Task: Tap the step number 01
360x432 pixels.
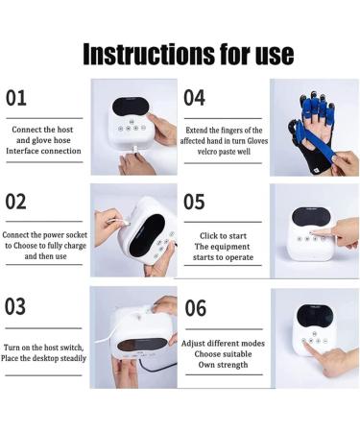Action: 16,98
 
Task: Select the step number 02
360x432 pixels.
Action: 15,202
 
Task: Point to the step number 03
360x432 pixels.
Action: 15,306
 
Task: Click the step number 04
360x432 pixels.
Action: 194,98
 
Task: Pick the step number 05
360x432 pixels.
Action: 194,202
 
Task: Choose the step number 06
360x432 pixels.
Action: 195,308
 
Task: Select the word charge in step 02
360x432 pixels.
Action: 75,246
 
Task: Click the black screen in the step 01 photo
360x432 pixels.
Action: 132,107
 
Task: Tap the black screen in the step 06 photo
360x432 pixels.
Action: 315,315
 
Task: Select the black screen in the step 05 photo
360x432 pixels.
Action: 311,216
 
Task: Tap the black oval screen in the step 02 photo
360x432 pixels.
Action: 147,235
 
